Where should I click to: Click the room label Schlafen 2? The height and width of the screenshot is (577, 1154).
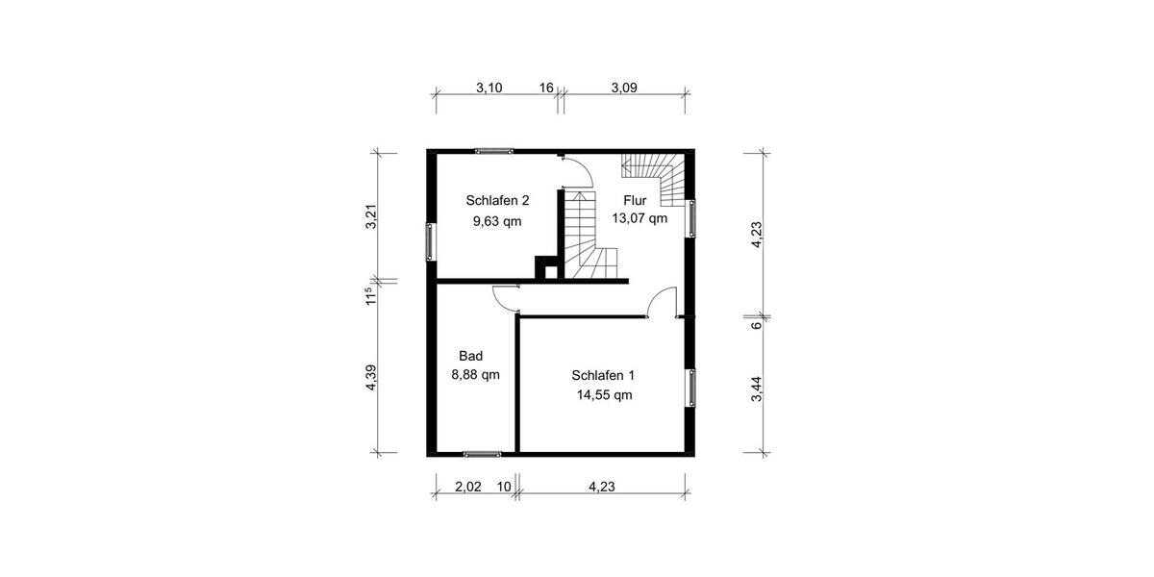point(497,201)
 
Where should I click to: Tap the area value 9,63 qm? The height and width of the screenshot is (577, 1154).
point(497,221)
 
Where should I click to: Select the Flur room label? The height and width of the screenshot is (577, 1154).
point(635,200)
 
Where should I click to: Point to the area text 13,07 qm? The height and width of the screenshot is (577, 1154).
point(640,218)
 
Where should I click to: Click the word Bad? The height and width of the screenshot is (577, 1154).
point(470,356)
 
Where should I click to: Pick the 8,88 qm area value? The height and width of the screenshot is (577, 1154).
point(475,375)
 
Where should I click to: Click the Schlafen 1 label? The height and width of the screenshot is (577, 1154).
point(603,375)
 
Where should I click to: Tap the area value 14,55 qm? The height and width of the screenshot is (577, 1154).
point(603,394)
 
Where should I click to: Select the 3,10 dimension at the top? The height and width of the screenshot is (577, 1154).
point(489,88)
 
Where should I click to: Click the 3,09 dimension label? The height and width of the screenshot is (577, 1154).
point(625,88)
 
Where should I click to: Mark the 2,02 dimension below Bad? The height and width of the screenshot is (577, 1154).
point(468,487)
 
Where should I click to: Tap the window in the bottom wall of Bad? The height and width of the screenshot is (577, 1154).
point(482,453)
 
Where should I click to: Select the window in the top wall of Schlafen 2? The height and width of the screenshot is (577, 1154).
point(493,150)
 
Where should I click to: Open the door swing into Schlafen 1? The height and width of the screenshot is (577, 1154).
point(663,303)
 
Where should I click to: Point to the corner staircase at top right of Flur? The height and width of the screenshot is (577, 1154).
point(658,174)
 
